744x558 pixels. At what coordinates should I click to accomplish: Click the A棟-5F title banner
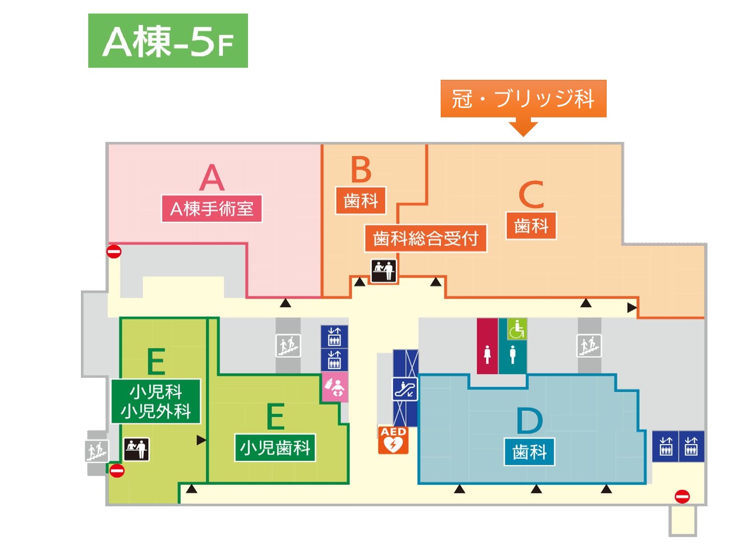click(168, 41)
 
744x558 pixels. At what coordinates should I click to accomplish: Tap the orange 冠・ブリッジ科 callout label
click(523, 99)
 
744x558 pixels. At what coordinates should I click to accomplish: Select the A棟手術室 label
click(211, 208)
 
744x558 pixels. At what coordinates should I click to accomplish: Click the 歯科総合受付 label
click(426, 238)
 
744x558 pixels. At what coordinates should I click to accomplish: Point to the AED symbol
click(393, 440)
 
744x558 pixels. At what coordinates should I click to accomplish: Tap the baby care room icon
click(335, 387)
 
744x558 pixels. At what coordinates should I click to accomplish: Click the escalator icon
click(405, 389)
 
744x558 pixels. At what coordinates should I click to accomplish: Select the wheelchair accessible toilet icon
click(517, 329)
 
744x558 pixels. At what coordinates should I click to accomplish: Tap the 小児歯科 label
click(275, 447)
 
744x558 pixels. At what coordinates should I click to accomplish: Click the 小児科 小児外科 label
click(156, 401)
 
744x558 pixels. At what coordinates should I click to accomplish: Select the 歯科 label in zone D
click(529, 452)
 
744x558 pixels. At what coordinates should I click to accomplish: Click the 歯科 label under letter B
click(361, 200)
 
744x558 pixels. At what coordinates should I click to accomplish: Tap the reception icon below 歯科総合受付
click(384, 271)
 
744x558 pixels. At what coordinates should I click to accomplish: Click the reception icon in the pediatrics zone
click(136, 449)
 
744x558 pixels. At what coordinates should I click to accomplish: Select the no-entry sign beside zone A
click(114, 252)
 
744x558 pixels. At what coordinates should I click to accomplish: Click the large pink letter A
click(212, 177)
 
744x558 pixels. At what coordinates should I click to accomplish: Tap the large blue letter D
click(529, 420)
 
